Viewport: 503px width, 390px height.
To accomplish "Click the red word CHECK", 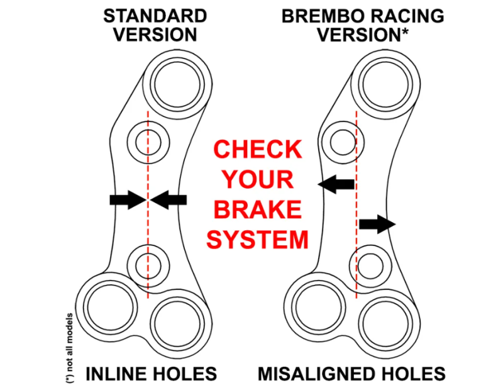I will click(257, 150).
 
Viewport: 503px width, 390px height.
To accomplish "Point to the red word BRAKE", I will click(257, 210).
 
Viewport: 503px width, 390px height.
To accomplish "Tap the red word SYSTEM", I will click(258, 240).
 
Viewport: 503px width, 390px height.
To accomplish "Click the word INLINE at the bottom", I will click(114, 374).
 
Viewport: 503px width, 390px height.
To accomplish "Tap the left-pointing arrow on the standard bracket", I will click(169, 199).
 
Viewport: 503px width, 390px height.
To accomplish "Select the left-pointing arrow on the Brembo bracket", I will click(336, 184).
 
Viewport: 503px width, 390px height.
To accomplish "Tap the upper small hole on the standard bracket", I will click(148, 142).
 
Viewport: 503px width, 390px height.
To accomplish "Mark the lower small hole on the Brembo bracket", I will click(372, 267).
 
